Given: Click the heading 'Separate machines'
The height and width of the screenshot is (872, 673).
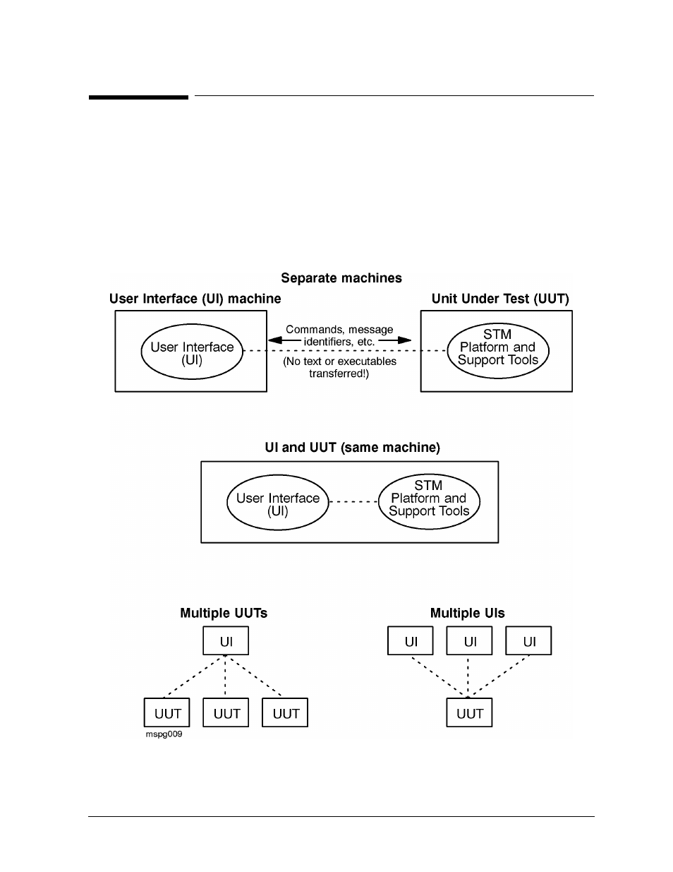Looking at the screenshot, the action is (x=341, y=277).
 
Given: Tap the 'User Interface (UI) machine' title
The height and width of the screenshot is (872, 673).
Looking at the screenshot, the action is (x=195, y=299).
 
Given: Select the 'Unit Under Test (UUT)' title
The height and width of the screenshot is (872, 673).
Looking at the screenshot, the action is (x=500, y=299).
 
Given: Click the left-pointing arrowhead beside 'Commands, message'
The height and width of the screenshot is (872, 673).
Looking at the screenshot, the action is (x=275, y=340).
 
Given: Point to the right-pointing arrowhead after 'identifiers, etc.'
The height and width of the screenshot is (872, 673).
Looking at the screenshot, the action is (x=404, y=340).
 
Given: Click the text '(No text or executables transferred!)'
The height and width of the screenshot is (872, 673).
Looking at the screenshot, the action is (x=339, y=367).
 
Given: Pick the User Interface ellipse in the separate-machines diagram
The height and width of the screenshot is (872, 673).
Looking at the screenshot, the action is (x=192, y=352).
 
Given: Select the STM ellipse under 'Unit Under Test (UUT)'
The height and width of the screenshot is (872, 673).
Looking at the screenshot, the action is (x=498, y=351).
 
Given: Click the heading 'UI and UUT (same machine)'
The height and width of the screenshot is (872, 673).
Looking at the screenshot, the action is (x=352, y=448).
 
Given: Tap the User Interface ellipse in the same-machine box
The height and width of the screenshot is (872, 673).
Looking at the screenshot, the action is (x=278, y=503).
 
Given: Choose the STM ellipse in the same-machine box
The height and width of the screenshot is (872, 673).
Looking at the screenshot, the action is (x=429, y=501).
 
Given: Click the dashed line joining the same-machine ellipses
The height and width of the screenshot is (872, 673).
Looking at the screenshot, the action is (x=353, y=501).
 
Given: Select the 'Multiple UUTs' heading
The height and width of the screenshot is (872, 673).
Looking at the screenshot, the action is (x=223, y=613).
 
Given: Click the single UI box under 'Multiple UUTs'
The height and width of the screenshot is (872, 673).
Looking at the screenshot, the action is (x=226, y=640).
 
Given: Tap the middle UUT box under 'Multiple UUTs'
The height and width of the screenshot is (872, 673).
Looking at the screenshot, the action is (x=226, y=712).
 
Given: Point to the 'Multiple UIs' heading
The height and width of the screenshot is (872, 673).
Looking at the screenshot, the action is (x=468, y=613).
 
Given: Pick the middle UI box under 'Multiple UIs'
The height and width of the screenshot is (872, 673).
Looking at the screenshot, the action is (x=469, y=640).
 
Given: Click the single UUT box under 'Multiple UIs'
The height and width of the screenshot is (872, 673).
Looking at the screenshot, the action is (x=469, y=712).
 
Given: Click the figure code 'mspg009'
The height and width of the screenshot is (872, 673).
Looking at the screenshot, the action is (x=164, y=734).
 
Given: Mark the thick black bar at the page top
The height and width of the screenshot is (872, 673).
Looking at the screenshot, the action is (x=138, y=97).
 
